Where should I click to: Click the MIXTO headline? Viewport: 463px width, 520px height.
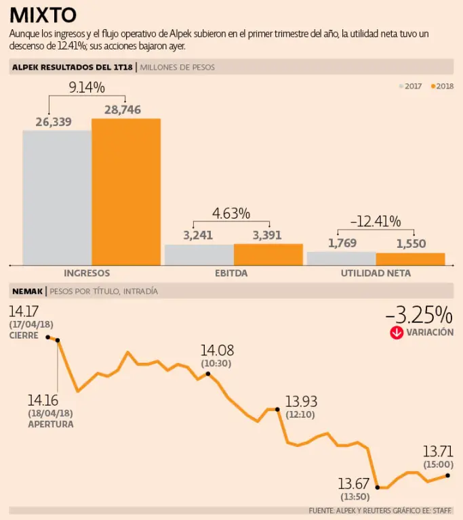43,16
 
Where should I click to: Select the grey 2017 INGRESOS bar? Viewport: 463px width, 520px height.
57,197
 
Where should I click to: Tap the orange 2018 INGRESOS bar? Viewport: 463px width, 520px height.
126,192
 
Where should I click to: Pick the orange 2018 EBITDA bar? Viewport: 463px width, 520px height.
268,255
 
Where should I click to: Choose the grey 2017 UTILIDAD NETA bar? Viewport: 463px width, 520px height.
341,258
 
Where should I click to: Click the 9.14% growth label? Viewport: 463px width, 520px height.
87,87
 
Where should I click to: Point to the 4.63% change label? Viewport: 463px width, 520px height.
231,213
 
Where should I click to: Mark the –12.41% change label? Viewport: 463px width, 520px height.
375,221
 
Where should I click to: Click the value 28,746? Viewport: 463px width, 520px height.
122,110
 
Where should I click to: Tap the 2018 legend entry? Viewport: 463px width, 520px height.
442,86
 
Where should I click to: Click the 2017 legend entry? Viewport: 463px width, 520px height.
410,86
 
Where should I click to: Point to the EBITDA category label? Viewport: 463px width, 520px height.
231,274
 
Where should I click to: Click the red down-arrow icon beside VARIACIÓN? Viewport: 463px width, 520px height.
396,332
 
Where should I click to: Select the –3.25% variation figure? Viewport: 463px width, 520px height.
418,315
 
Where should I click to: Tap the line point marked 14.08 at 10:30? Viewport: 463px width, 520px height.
207,374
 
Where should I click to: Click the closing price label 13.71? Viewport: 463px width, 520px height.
438,451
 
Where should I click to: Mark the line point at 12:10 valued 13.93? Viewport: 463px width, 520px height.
278,409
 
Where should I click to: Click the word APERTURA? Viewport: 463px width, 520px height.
51,424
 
